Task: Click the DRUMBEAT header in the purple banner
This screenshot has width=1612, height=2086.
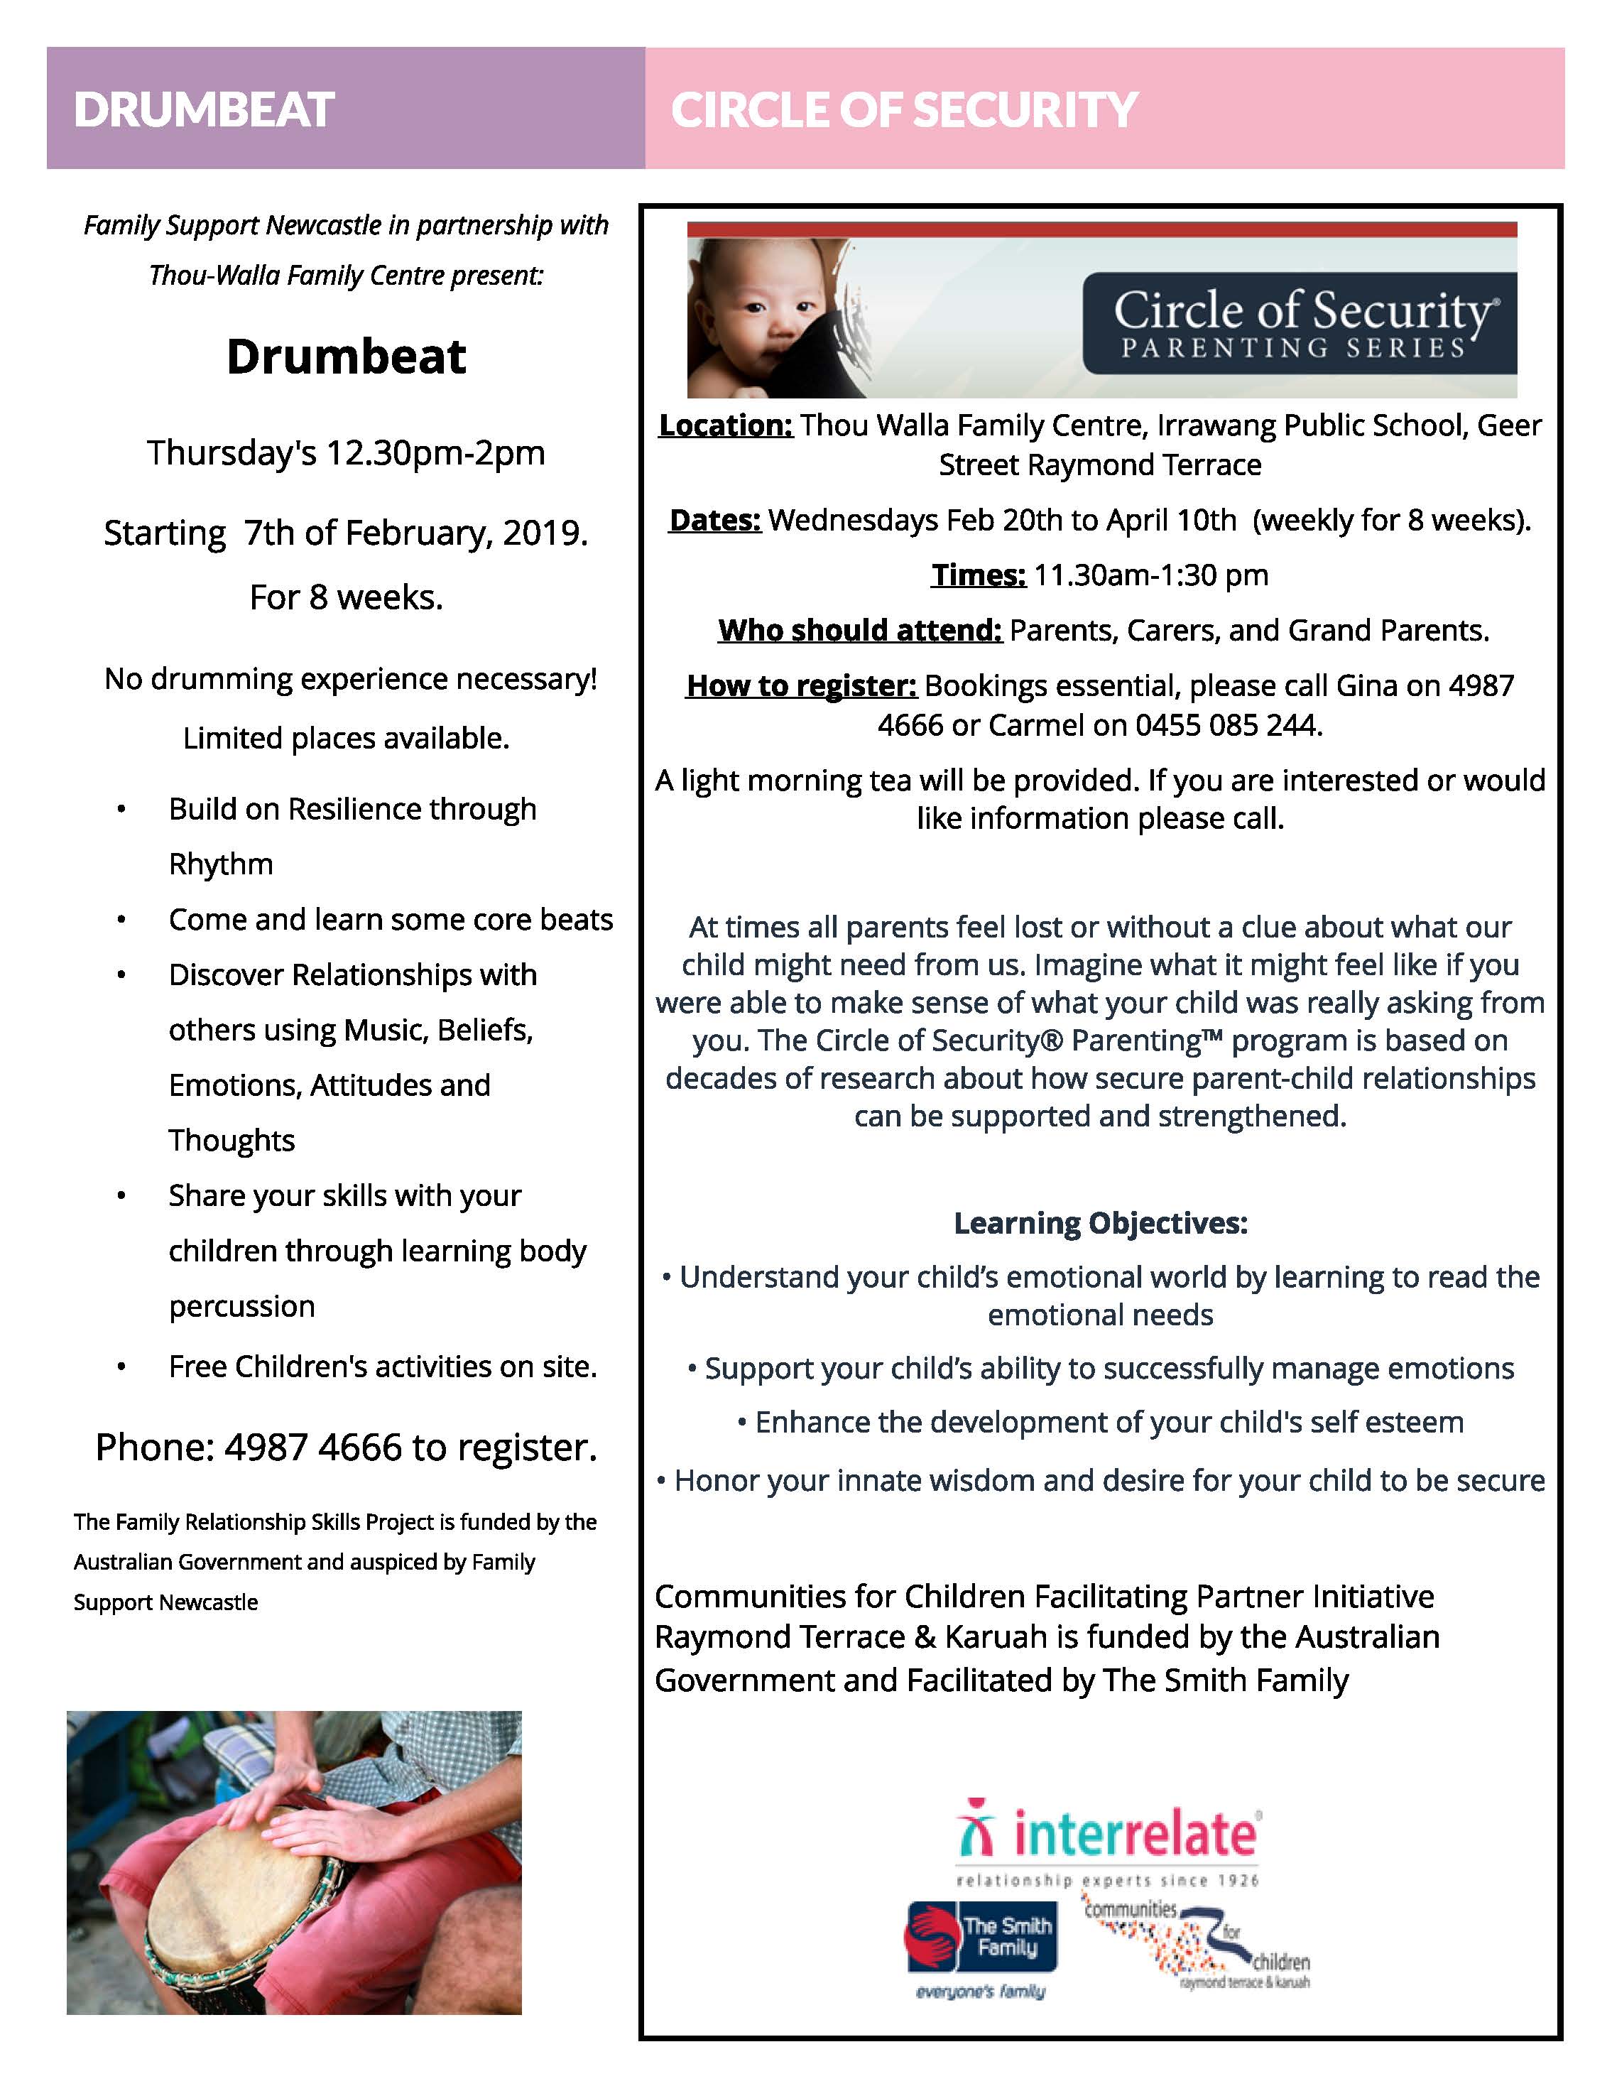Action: pyautogui.click(x=205, y=110)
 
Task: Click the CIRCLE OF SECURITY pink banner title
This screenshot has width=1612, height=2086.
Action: pyautogui.click(x=903, y=110)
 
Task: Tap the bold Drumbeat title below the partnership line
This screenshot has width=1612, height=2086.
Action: pyautogui.click(x=346, y=357)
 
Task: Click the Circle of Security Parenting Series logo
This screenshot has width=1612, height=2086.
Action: pyautogui.click(x=1299, y=324)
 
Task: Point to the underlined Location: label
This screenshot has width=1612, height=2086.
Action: pyautogui.click(x=726, y=425)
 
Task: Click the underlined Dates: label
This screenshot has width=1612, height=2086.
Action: pyautogui.click(x=715, y=521)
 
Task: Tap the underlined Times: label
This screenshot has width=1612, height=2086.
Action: pyautogui.click(x=978, y=575)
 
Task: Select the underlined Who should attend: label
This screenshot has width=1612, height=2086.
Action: pyautogui.click(x=859, y=631)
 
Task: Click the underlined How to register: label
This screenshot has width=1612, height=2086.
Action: pyautogui.click(x=801, y=686)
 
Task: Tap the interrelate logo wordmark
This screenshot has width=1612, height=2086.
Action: pyautogui.click(x=1135, y=1834)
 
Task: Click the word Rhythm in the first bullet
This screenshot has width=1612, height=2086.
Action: pyautogui.click(x=221, y=864)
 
